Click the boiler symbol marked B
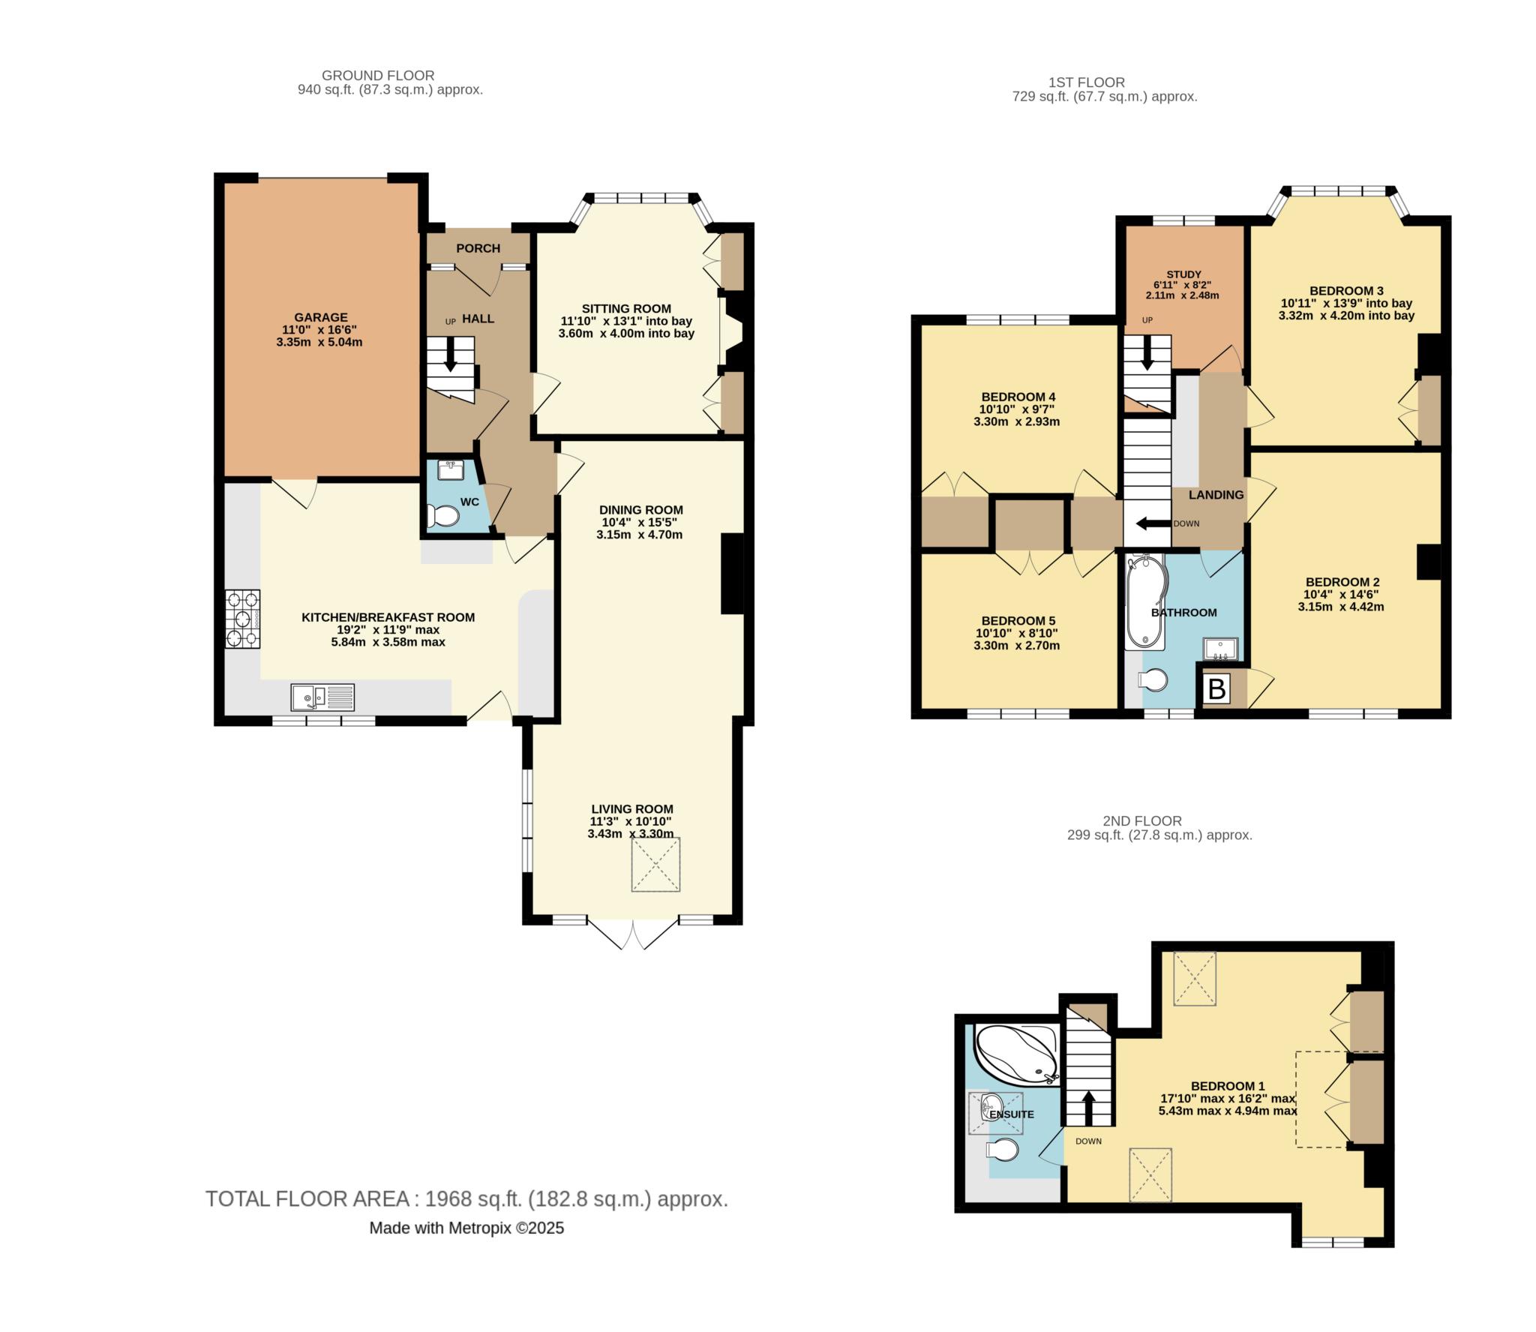(x=1216, y=688)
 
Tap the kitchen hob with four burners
(x=243, y=619)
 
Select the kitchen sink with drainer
(x=322, y=697)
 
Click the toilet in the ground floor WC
(x=443, y=516)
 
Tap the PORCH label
(x=478, y=248)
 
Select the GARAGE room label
(x=320, y=317)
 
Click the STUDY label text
(x=1183, y=274)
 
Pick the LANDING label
(x=1216, y=495)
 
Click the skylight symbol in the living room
(x=655, y=865)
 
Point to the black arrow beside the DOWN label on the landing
(x=1153, y=523)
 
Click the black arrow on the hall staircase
(x=450, y=354)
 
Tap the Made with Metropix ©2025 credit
(x=466, y=1228)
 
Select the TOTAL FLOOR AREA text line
(x=466, y=1198)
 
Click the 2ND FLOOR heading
(x=1142, y=821)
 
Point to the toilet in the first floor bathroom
(x=1153, y=679)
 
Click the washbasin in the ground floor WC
(x=451, y=469)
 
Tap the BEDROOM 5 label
(x=1018, y=621)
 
